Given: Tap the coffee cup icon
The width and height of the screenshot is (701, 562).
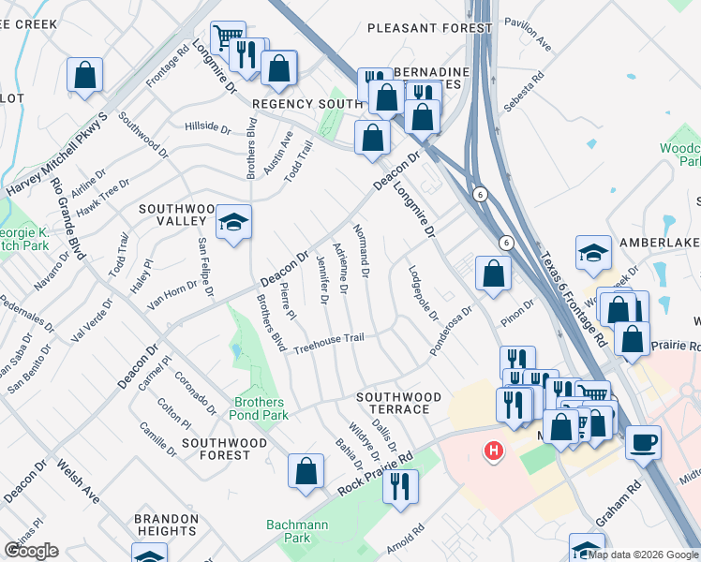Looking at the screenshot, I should click(643, 442).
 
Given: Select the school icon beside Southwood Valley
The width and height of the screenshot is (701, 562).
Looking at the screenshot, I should click(233, 222).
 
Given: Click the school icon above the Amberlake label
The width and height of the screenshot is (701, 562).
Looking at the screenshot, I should click(593, 252).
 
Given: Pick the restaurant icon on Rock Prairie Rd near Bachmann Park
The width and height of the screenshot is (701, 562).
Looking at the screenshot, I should click(400, 486).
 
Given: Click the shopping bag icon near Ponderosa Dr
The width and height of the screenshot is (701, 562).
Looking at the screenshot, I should click(493, 274).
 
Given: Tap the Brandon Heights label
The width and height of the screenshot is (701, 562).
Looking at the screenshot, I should click(165, 525).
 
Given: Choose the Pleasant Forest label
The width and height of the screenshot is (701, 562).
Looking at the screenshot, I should click(429, 28).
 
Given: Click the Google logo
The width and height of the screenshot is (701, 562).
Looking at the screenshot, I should click(31, 551).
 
